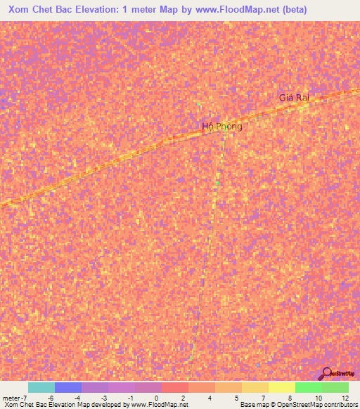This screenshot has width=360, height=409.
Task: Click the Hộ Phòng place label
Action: click(x=221, y=126)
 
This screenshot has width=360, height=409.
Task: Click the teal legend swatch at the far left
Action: click(x=41, y=387)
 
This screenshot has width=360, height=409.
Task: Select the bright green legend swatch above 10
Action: click(x=308, y=387)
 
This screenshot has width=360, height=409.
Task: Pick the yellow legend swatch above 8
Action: click(x=281, y=387)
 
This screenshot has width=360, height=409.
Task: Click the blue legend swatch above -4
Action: click(x=67, y=387)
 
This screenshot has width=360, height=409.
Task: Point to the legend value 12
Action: click(x=344, y=398)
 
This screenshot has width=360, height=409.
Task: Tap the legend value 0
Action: click(x=155, y=398)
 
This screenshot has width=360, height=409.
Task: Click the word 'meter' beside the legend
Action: click(x=12, y=398)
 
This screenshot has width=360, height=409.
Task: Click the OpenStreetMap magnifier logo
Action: click(x=326, y=374)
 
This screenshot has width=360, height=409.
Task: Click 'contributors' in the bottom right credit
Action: click(x=340, y=405)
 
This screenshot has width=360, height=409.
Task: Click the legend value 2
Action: click(x=182, y=398)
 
